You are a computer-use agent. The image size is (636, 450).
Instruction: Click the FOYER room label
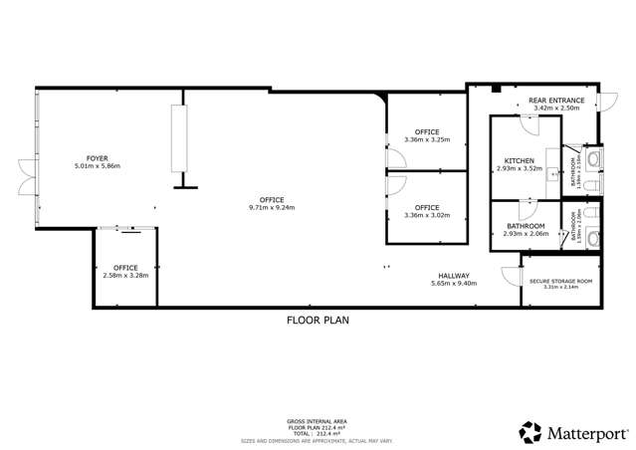point(98,158)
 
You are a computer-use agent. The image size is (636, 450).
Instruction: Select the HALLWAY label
point(454,276)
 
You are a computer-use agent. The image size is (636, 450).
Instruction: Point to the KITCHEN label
point(520,160)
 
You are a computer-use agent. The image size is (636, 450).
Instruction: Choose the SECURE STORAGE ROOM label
point(560,282)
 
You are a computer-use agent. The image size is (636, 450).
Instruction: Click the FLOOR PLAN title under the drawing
point(318,322)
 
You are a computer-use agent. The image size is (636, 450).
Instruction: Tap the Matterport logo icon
point(530,432)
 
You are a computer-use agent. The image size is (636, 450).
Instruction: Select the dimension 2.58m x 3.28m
point(125,276)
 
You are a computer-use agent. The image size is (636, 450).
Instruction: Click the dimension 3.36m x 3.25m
point(427,140)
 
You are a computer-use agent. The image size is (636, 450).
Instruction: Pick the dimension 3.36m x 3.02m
point(427,215)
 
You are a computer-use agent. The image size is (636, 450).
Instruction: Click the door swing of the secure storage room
point(530,263)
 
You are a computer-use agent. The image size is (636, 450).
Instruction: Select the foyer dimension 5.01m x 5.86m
point(98,166)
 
